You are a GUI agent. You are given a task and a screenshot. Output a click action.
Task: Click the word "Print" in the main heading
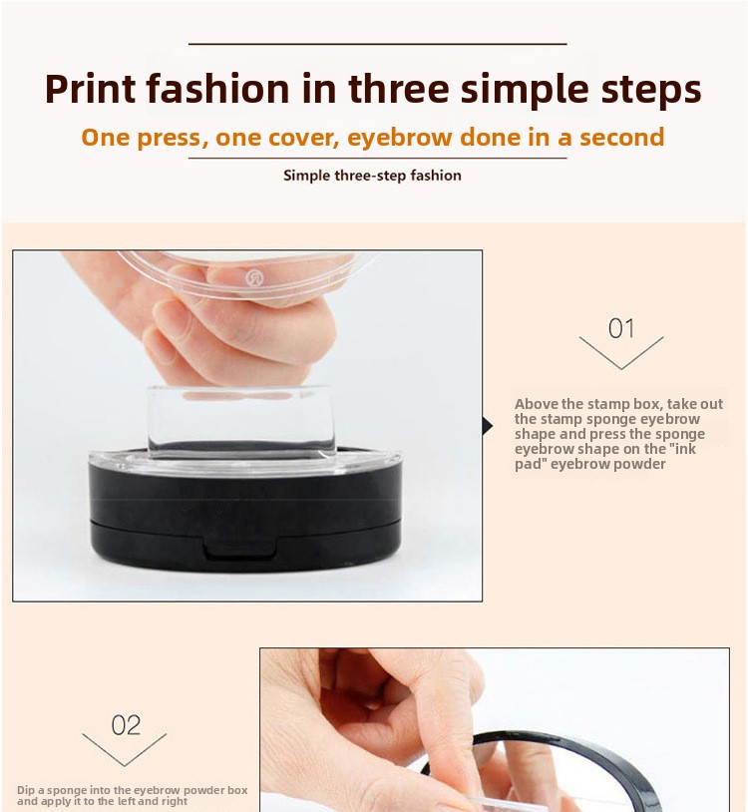tap(91, 89)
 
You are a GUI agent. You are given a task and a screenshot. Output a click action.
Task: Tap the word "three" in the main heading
tap(399, 88)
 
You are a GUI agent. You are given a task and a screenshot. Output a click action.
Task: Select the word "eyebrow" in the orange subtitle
tap(400, 139)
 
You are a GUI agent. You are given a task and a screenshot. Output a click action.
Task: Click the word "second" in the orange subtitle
tap(621, 138)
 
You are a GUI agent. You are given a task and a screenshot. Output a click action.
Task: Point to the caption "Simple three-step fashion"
tap(372, 176)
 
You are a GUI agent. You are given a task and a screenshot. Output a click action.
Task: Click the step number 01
tap(621, 328)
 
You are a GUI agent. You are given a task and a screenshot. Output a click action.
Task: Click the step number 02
tap(126, 725)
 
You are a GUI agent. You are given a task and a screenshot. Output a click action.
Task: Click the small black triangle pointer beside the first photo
tap(488, 426)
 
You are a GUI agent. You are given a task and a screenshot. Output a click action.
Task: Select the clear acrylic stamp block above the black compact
tap(240, 422)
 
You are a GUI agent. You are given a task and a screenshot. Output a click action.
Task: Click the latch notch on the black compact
tap(240, 549)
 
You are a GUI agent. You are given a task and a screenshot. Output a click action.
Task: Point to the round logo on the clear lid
tap(254, 278)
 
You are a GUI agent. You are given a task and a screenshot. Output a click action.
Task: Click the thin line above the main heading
tap(377, 44)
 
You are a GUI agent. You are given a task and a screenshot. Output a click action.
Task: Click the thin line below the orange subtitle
tap(377, 158)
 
